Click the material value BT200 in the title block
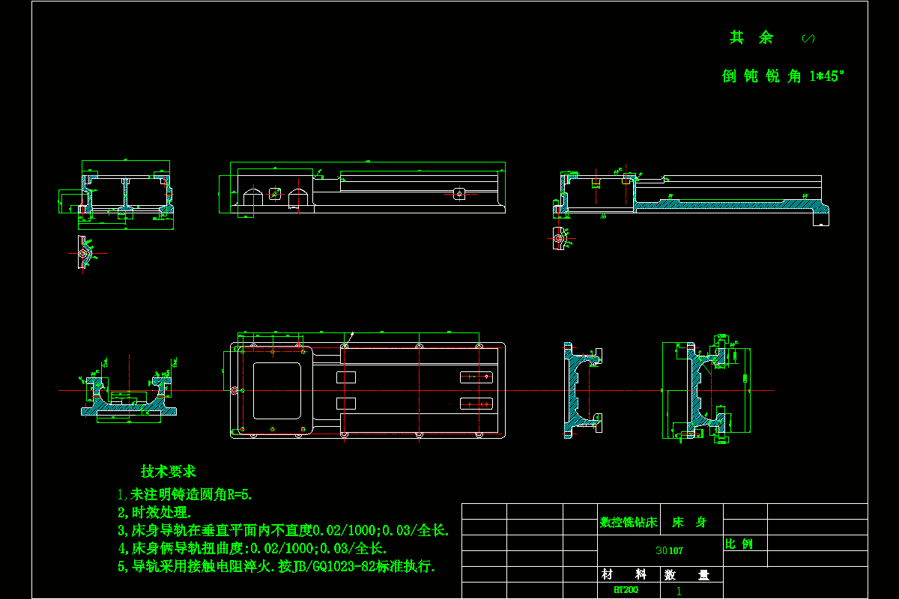pyautogui.click(x=626, y=590)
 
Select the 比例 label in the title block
pyautogui.click(x=739, y=544)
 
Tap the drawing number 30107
pyautogui.click(x=669, y=550)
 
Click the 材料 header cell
pyautogui.click(x=623, y=574)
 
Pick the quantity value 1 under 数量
pyautogui.click(x=679, y=591)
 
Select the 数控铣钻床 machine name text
pyautogui.click(x=628, y=523)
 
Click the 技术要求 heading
pyautogui.click(x=168, y=472)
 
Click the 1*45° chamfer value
pyautogui.click(x=827, y=76)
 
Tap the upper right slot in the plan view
pyautogui.click(x=477, y=377)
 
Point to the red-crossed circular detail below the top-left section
pyautogui.click(x=83, y=253)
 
